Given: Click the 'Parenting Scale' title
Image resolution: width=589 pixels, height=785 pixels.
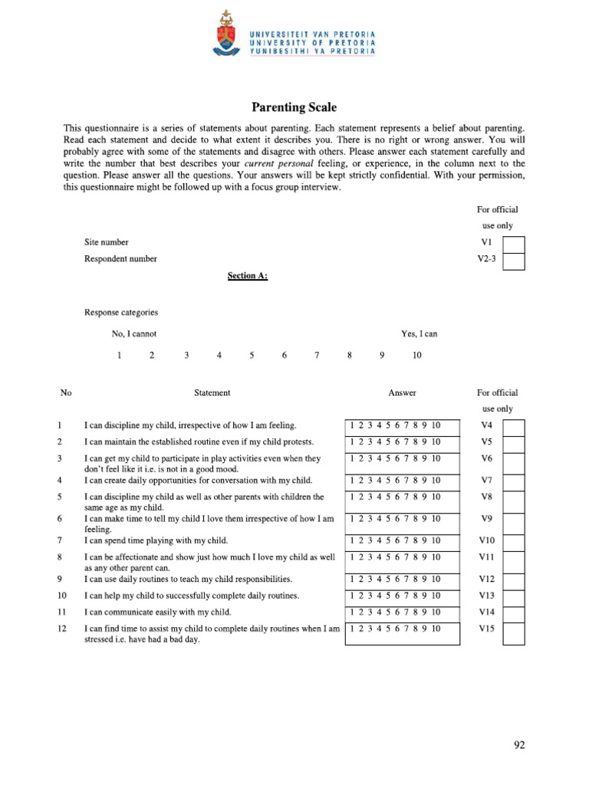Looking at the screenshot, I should click(x=294, y=108).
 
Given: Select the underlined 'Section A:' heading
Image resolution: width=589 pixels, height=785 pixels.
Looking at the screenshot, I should click(x=247, y=275).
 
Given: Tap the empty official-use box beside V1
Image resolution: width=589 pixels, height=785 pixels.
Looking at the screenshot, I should click(x=514, y=243).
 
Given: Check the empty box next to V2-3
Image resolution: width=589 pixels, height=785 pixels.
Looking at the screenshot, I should click(x=514, y=261).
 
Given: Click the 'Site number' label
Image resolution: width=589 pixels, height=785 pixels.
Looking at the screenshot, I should click(x=107, y=242).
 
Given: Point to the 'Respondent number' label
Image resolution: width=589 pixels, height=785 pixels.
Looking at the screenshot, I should click(x=120, y=259).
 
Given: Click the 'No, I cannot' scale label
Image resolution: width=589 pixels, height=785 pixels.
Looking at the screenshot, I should click(x=134, y=334).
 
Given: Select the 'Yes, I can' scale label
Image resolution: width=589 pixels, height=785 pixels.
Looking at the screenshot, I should click(x=419, y=334).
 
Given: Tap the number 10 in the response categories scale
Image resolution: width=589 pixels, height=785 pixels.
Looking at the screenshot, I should click(x=416, y=356).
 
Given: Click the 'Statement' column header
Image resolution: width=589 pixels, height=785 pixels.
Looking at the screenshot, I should click(x=212, y=393).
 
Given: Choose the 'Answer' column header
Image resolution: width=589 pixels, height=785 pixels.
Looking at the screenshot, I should click(x=402, y=393).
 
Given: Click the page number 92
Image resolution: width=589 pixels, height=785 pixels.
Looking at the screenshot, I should click(x=519, y=745).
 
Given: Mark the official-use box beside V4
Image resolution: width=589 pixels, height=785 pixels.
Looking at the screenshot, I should click(x=514, y=427).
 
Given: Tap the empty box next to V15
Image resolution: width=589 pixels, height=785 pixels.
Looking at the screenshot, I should click(x=514, y=633).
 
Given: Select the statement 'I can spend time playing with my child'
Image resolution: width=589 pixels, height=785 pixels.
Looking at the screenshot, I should click(x=156, y=540).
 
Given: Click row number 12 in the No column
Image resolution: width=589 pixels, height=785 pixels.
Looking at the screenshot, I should click(x=61, y=629).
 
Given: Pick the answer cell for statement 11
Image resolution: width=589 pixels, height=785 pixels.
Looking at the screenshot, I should click(x=402, y=613).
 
